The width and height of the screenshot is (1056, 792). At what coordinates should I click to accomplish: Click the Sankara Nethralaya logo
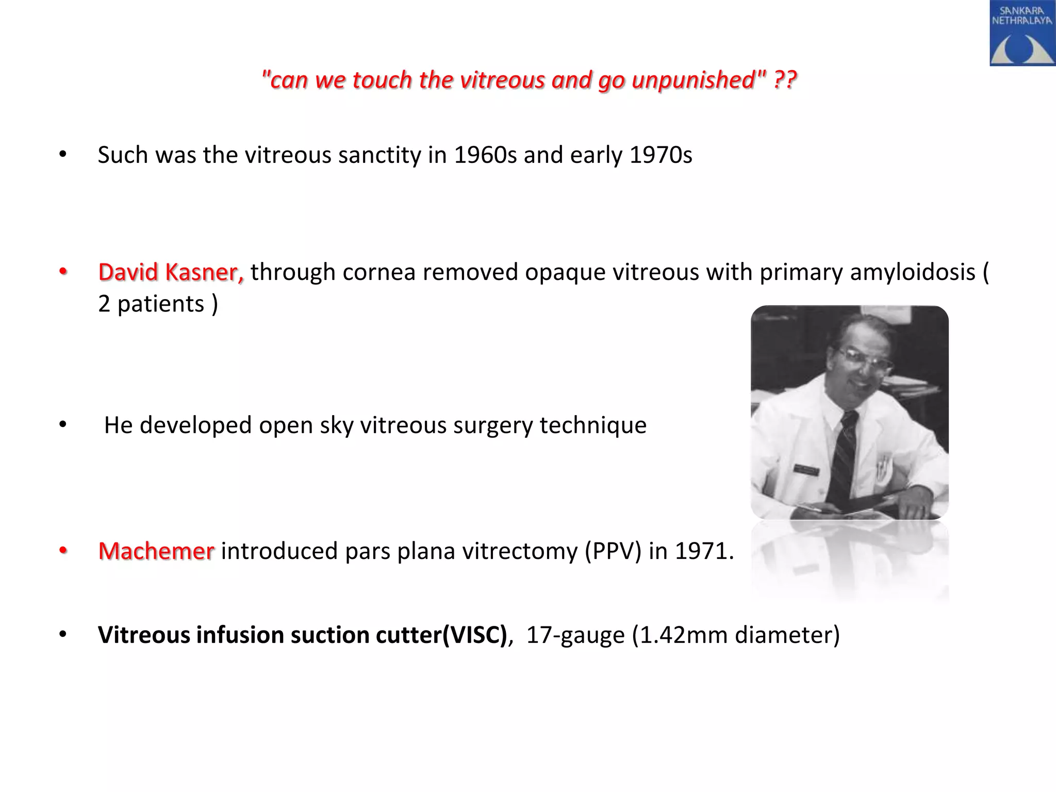(x=1022, y=34)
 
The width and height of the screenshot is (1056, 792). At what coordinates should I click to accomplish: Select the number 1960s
(x=485, y=155)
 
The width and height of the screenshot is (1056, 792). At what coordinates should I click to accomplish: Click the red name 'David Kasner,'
(x=171, y=272)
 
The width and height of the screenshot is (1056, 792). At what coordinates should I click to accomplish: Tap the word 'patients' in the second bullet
(x=161, y=304)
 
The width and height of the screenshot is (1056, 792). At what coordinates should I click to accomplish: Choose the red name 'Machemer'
(x=156, y=551)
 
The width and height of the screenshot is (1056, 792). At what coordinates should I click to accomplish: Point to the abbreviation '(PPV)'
(x=613, y=551)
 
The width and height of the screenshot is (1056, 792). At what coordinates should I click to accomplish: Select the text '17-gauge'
(x=575, y=635)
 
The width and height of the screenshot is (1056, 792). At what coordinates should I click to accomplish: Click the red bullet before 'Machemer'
(x=63, y=551)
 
